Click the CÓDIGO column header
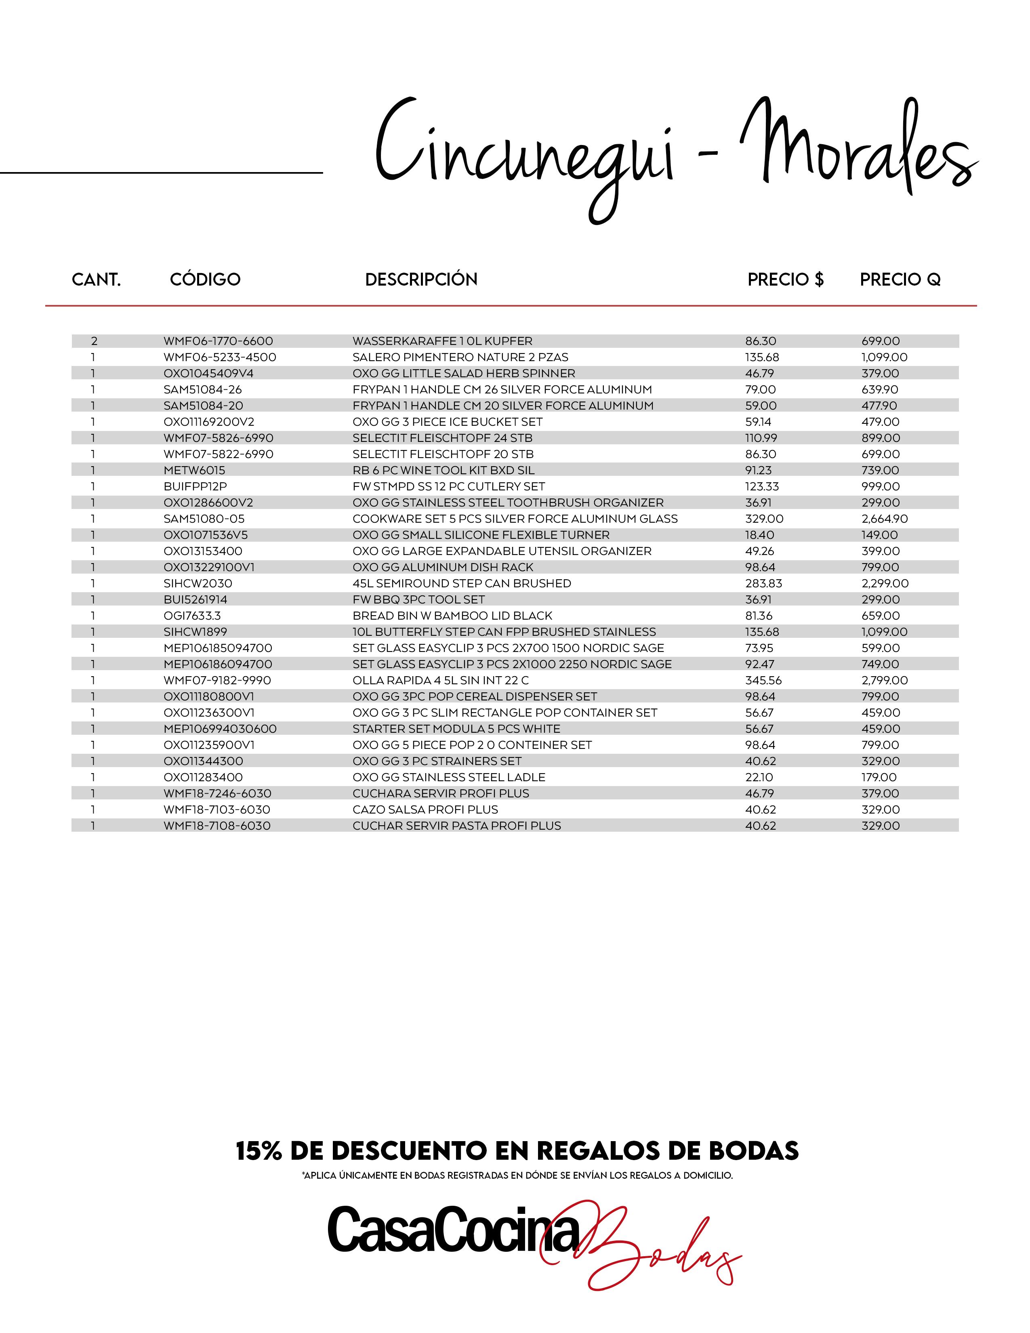205,280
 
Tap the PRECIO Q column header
900,280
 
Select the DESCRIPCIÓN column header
421,280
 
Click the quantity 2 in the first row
94,341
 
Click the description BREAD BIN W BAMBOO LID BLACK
452,616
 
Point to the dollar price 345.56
763,681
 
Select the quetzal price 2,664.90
885,519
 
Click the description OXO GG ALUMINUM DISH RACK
442,567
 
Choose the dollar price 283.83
763,584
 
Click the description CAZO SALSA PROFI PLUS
425,810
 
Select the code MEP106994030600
220,729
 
